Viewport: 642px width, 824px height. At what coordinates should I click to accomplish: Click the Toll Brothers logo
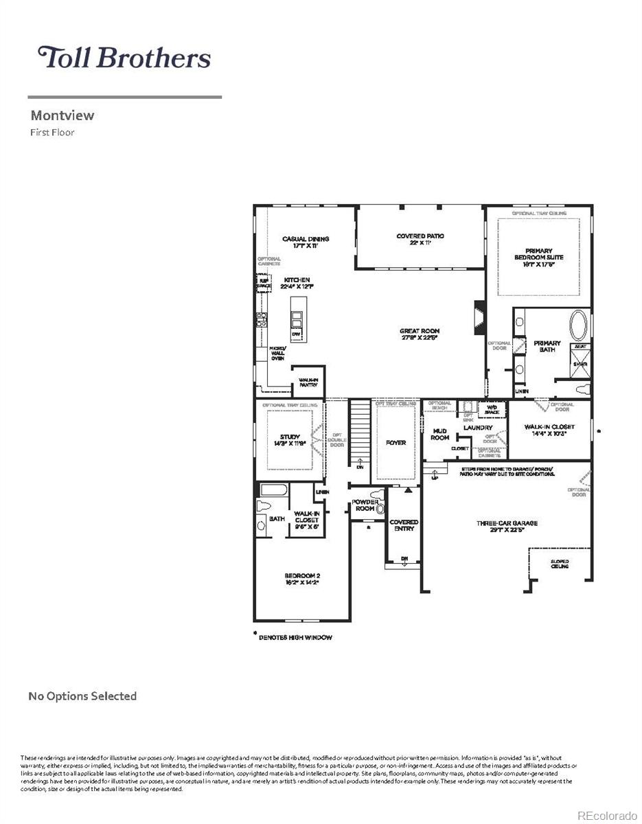124,57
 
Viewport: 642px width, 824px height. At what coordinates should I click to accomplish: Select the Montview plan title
62,115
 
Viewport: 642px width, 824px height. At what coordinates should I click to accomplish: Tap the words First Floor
52,133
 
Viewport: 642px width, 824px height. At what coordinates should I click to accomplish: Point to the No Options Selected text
82,696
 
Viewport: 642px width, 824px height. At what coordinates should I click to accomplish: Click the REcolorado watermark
606,815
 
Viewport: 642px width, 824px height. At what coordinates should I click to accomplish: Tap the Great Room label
420,334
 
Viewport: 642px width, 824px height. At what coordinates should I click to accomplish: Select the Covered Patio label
420,240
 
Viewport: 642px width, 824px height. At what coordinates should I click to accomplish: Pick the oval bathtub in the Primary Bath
579,326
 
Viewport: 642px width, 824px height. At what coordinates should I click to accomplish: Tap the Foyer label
396,443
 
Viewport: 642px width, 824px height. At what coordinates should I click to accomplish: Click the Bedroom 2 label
303,579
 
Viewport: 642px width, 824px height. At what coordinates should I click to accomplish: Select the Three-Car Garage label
507,527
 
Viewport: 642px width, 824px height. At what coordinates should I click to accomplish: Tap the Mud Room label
439,434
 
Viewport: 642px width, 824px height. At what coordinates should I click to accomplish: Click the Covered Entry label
404,526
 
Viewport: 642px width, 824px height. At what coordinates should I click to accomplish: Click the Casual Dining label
306,242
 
